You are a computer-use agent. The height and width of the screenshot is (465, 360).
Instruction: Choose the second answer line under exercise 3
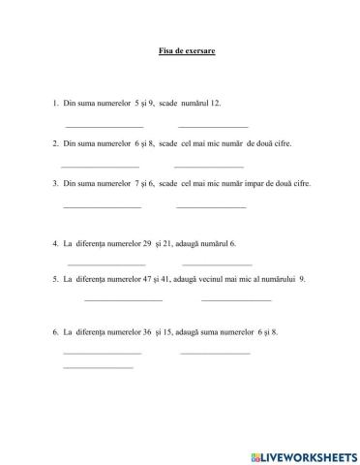(x=211, y=206)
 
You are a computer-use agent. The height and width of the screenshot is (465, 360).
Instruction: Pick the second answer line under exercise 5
(x=236, y=300)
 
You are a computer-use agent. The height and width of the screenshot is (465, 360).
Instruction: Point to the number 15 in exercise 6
(x=182, y=332)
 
